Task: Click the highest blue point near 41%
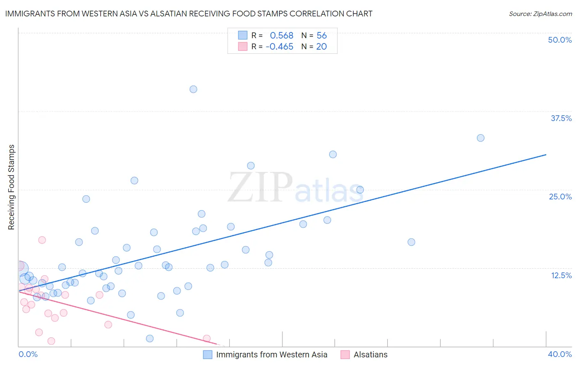(193, 89)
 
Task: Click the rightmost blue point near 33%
(481, 138)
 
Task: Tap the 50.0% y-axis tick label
(560, 40)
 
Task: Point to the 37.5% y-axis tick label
(561, 118)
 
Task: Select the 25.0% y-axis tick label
(560, 197)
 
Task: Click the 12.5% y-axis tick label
(561, 275)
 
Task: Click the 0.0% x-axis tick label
(28, 354)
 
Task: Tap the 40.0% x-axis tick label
(559, 354)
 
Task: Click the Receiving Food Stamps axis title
(11, 187)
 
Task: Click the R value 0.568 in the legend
(282, 36)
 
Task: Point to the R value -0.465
(279, 47)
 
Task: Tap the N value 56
(322, 36)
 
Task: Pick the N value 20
(321, 47)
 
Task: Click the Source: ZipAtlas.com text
(540, 14)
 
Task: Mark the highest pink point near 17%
(42, 240)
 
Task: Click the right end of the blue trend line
(546, 155)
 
